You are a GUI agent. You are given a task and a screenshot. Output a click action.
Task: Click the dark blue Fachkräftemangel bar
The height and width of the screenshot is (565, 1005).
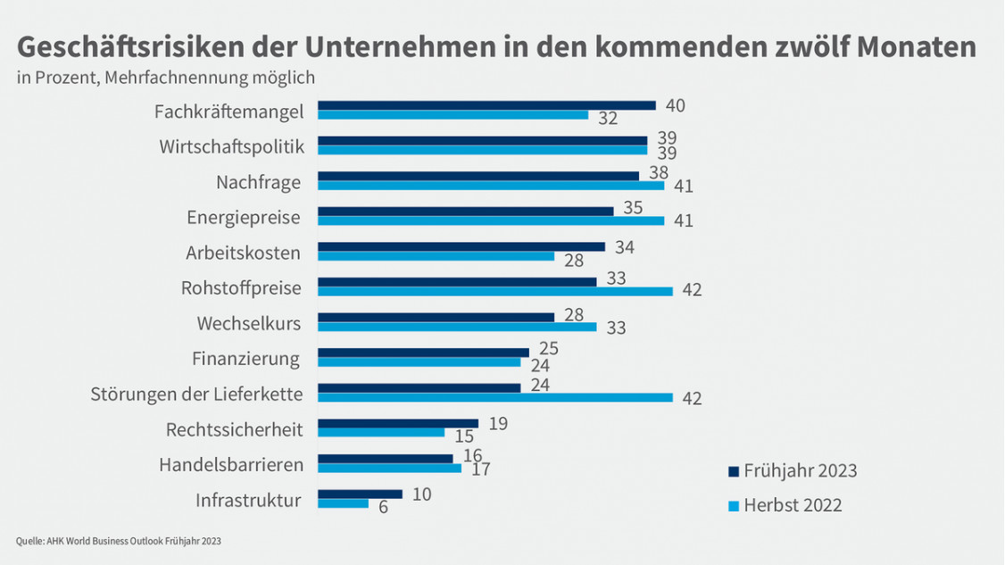[x=486, y=105]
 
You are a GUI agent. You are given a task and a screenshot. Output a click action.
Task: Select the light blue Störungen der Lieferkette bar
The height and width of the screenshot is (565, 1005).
[x=495, y=397]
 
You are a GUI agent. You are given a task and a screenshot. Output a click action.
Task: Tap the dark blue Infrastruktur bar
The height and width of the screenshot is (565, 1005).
[x=360, y=494]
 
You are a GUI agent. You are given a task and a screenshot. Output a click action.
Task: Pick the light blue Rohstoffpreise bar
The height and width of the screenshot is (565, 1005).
[x=495, y=290]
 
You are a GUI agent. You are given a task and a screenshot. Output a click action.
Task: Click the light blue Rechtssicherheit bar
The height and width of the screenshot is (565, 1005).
[x=381, y=433]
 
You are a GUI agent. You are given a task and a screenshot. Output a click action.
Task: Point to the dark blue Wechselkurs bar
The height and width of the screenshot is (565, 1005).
[x=436, y=317]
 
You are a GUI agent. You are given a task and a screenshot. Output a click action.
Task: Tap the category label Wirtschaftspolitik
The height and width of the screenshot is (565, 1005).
[x=232, y=146]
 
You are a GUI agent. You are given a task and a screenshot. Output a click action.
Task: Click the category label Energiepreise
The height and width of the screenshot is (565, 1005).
[x=244, y=218]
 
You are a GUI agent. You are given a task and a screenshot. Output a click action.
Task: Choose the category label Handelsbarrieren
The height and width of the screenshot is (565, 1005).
[x=231, y=465]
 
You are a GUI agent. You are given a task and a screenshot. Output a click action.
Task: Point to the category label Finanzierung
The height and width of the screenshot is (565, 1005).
[x=246, y=359]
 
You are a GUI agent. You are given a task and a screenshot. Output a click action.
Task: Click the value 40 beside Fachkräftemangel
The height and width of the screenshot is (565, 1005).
[x=675, y=105]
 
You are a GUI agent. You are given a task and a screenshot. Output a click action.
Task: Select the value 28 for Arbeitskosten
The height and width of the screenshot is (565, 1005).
[x=573, y=260]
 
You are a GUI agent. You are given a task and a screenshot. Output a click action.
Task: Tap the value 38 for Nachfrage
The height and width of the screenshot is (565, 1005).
[x=659, y=173]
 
